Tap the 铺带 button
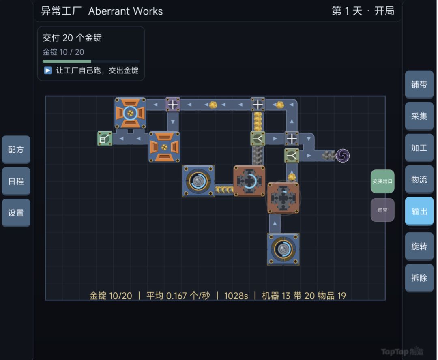[x=419, y=84]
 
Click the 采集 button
[x=419, y=116]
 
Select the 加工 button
[x=419, y=148]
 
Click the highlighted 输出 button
[x=419, y=211]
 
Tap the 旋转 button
[x=419, y=246]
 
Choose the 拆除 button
[x=419, y=278]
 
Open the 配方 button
[x=16, y=150]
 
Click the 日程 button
[x=16, y=181]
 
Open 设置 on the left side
[x=16, y=213]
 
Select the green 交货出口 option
[x=382, y=181]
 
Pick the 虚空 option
[x=382, y=210]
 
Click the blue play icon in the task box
[x=48, y=71]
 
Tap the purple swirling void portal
[x=343, y=156]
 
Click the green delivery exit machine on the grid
[x=105, y=139]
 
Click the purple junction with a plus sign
[x=173, y=105]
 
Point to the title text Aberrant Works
[x=125, y=11]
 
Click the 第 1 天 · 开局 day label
[x=363, y=11]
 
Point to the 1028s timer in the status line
[x=236, y=296]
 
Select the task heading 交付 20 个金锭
[x=72, y=38]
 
